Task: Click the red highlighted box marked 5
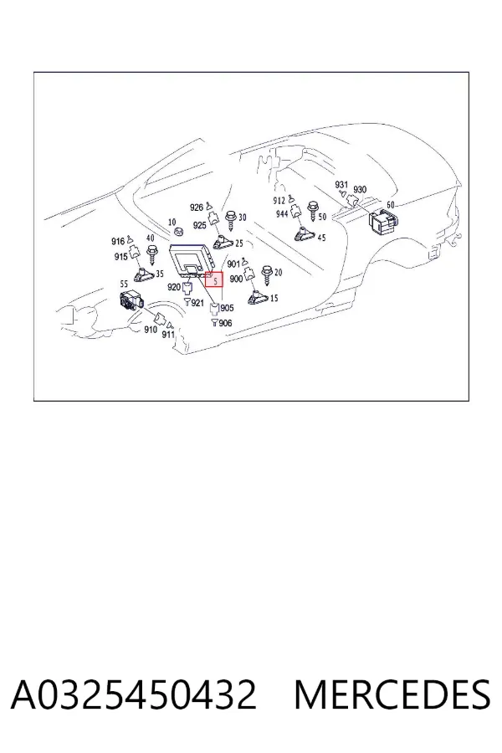pos(214,279)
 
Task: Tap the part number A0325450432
pos(134,694)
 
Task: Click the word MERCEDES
pos(392,694)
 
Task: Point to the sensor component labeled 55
pos(130,301)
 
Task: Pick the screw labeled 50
pos(313,212)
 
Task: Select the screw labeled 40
pos(153,254)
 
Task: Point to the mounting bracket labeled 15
pos(258,297)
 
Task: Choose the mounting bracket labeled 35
pos(144,275)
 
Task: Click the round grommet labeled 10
pos(179,233)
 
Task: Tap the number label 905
pos(227,308)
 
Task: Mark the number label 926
pos(197,207)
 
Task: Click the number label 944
pos(282,213)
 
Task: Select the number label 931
pos(341,184)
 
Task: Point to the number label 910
pos(151,330)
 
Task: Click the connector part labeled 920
pos(187,288)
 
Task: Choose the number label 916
pos(118,241)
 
